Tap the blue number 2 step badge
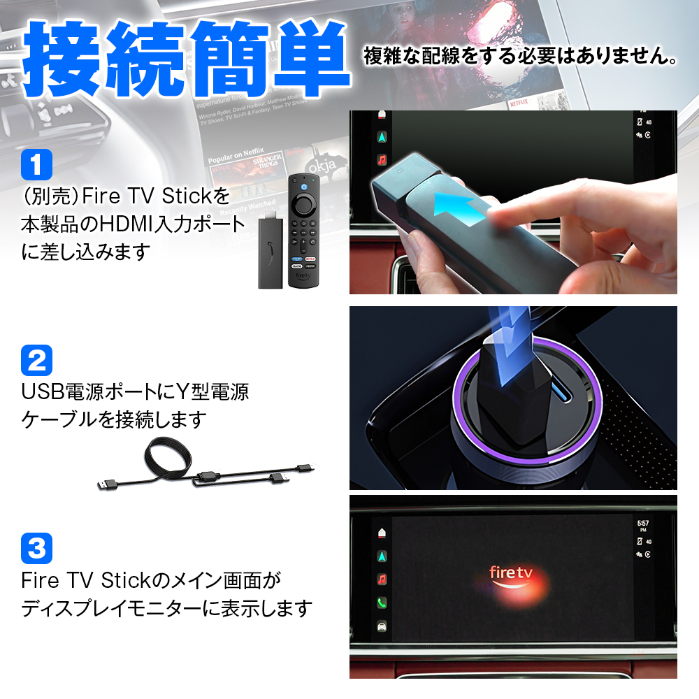pos(37,360)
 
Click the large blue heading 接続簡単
pos(187,62)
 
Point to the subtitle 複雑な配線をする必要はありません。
pos(520,57)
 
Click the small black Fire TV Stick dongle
pos(269,252)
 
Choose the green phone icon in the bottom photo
pos(382,603)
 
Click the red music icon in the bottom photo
pos(382,579)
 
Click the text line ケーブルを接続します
pos(115,419)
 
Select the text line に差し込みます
pos(86,252)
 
